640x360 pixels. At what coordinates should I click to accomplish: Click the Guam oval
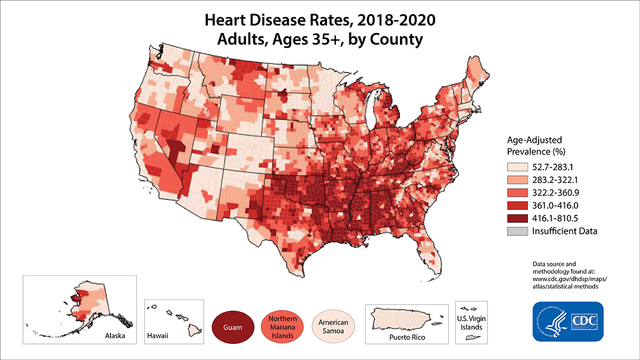tap(233, 326)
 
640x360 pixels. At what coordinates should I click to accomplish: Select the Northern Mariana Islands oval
tap(283, 326)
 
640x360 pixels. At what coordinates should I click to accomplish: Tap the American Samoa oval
tap(333, 326)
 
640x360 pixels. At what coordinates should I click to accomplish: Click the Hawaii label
tap(157, 337)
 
